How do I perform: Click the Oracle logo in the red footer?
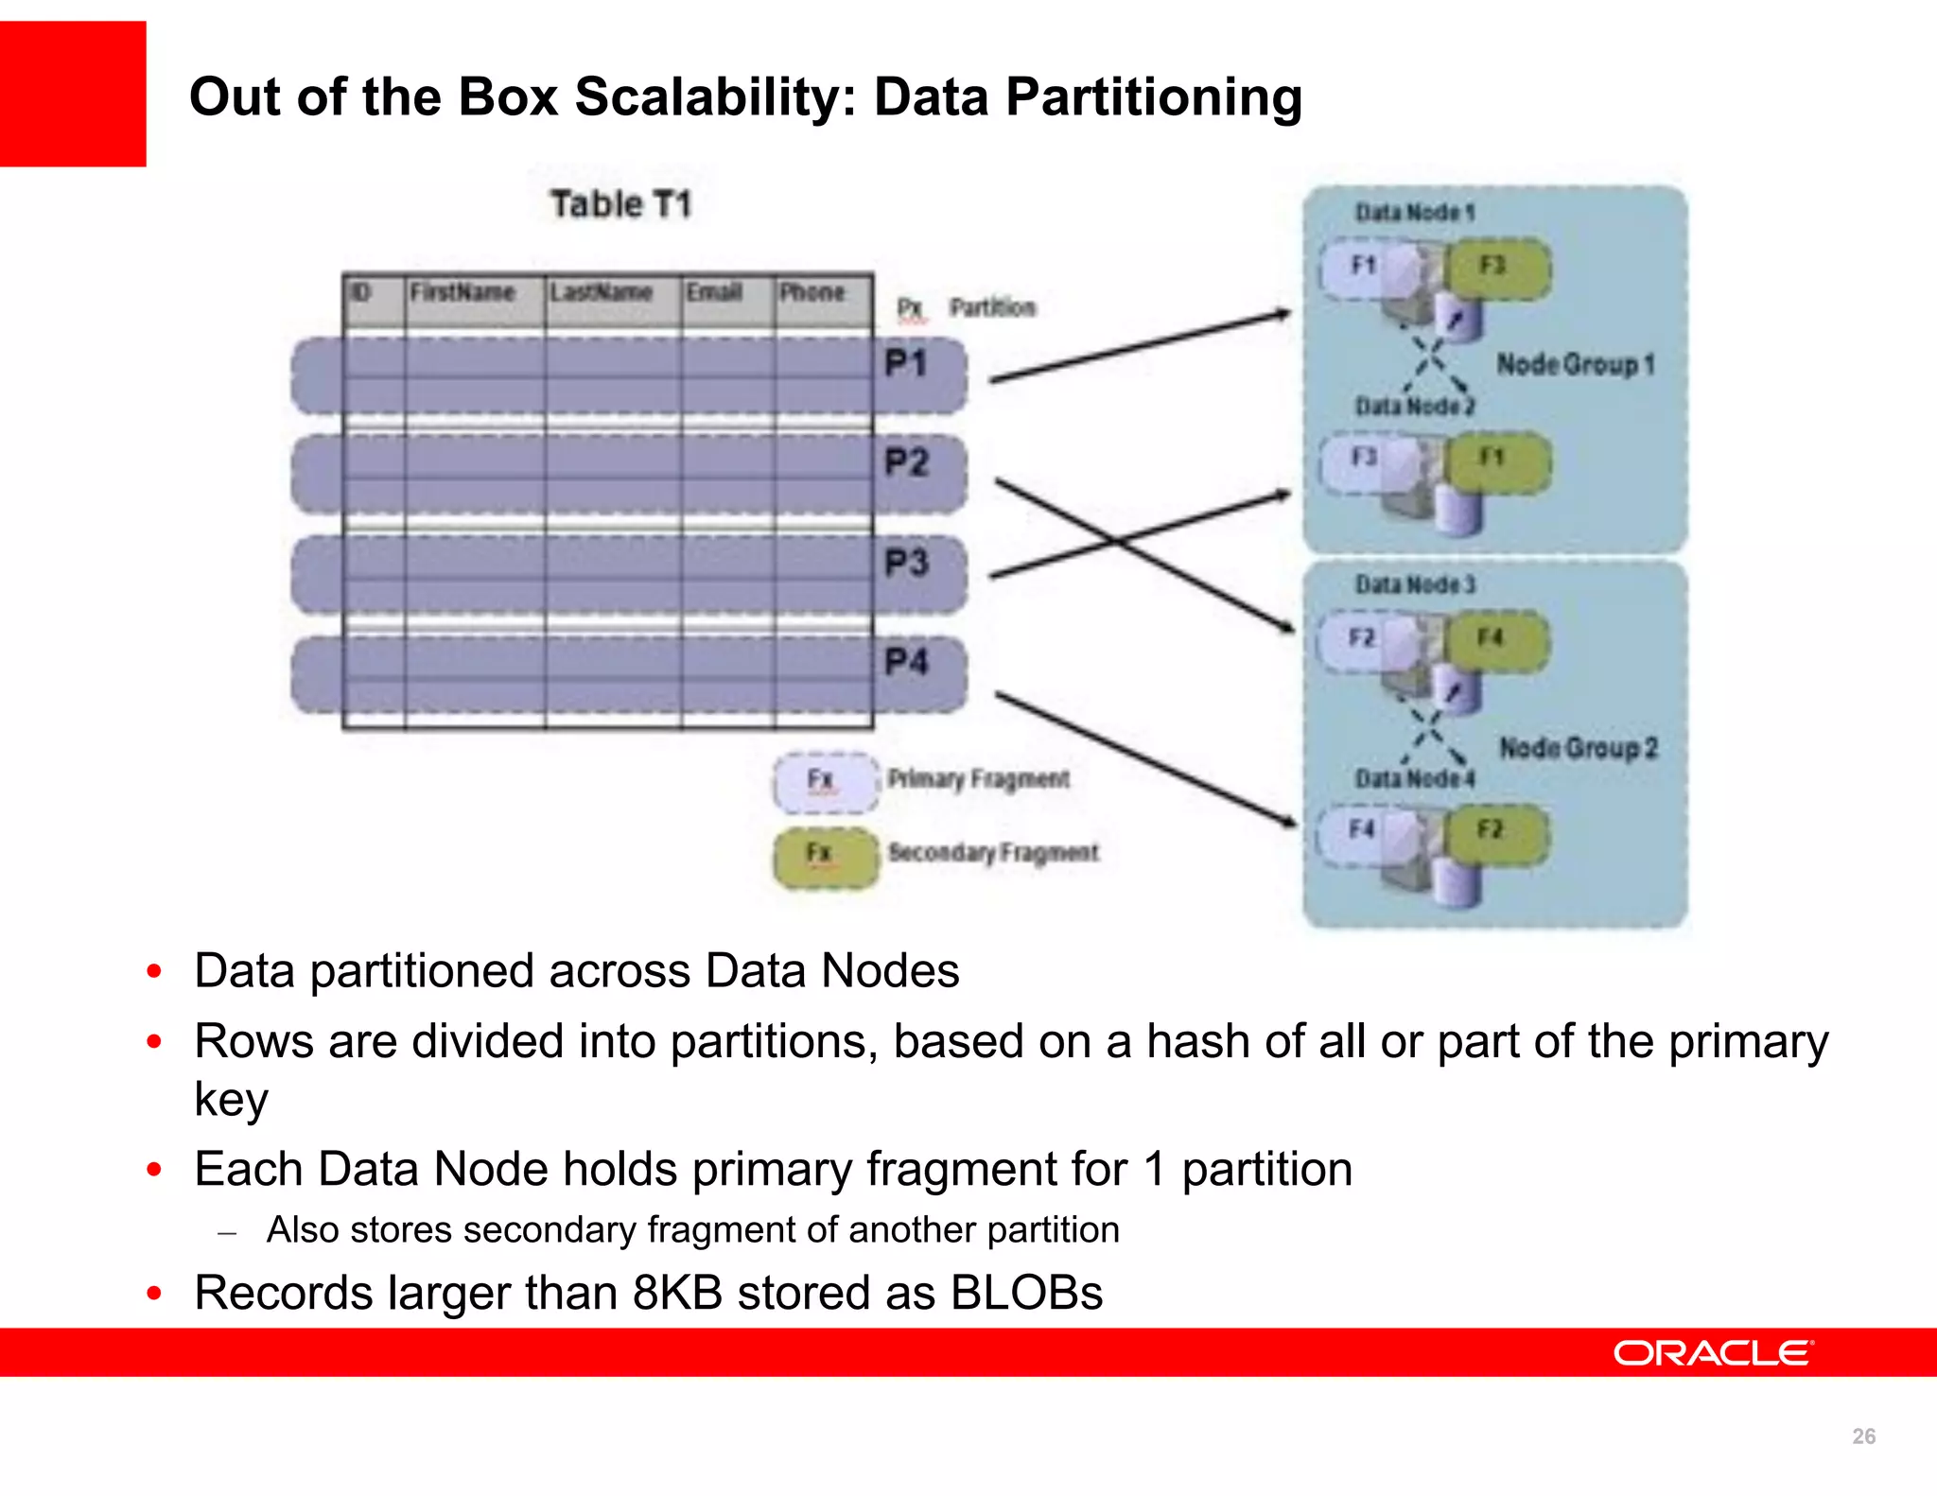(x=1713, y=1353)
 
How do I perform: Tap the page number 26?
(x=1863, y=1436)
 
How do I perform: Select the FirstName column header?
(x=462, y=292)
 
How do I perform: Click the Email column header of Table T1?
(x=714, y=292)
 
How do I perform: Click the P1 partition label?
(x=905, y=363)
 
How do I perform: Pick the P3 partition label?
(x=906, y=563)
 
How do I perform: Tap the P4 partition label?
(x=906, y=661)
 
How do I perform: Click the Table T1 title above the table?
(x=621, y=204)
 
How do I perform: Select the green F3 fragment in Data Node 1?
(x=1498, y=268)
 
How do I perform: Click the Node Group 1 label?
(x=1576, y=364)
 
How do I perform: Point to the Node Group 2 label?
(x=1579, y=748)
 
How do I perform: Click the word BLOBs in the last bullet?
(x=1026, y=1293)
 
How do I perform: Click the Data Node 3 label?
(x=1415, y=584)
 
